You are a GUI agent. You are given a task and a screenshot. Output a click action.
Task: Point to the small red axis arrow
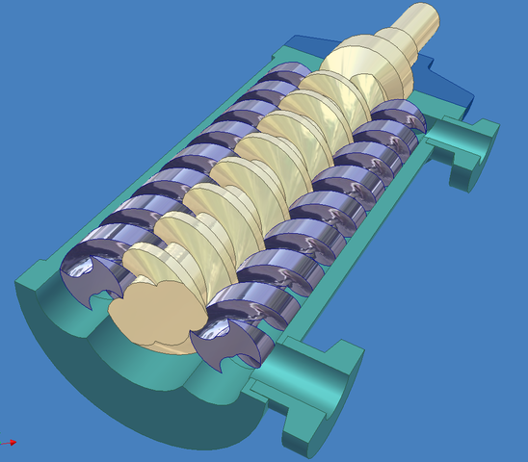(11, 443)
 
